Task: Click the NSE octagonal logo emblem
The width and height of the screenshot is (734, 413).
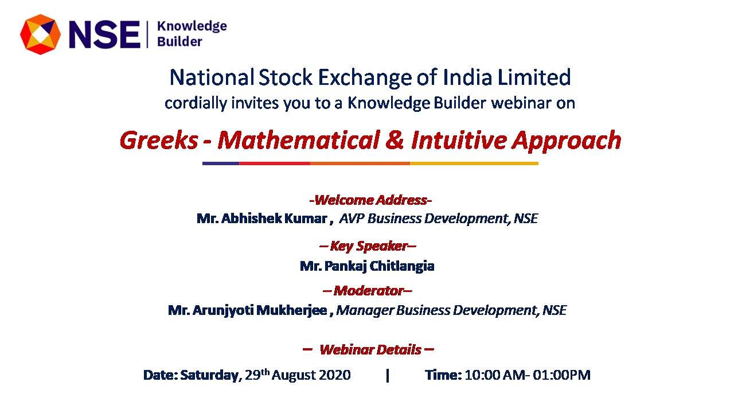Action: point(40,34)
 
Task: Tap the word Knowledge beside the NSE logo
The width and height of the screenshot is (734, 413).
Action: point(192,26)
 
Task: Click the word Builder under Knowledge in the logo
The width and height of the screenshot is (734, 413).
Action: point(179,42)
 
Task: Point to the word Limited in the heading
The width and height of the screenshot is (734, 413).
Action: point(534,77)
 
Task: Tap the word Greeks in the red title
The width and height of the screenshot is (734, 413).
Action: point(159,141)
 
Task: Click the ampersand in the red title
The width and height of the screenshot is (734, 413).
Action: point(395,140)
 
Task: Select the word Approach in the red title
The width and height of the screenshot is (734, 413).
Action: point(567,141)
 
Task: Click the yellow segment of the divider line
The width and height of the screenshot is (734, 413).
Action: point(474,163)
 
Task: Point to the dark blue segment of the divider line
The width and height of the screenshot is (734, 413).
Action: point(221,163)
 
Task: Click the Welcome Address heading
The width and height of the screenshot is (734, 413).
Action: point(370,200)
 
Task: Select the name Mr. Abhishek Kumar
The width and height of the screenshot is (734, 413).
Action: point(262,219)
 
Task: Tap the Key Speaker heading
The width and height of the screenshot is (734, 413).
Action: point(368,247)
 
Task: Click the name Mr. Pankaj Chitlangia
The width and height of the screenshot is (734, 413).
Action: point(367,266)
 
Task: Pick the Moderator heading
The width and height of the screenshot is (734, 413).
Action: point(368,291)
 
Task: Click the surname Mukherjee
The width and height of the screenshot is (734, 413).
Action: point(292,310)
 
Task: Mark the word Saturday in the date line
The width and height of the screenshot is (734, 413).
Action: point(209,375)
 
